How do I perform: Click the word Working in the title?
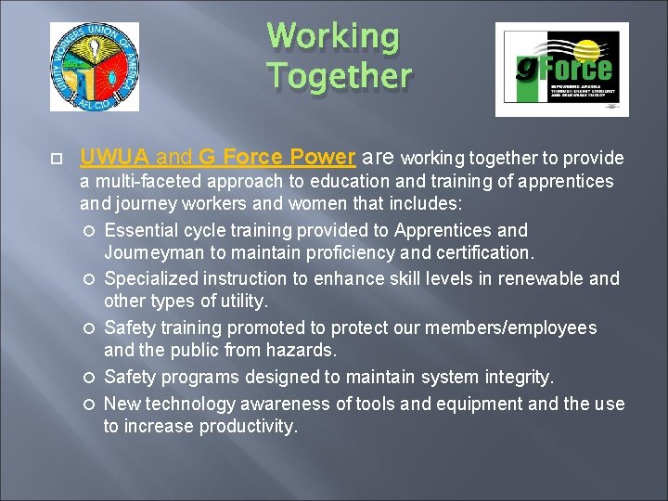point(333,38)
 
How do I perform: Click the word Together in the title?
point(339,75)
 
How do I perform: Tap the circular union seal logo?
point(95,68)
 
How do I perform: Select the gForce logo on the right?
point(561,70)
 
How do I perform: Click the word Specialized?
point(149,278)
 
